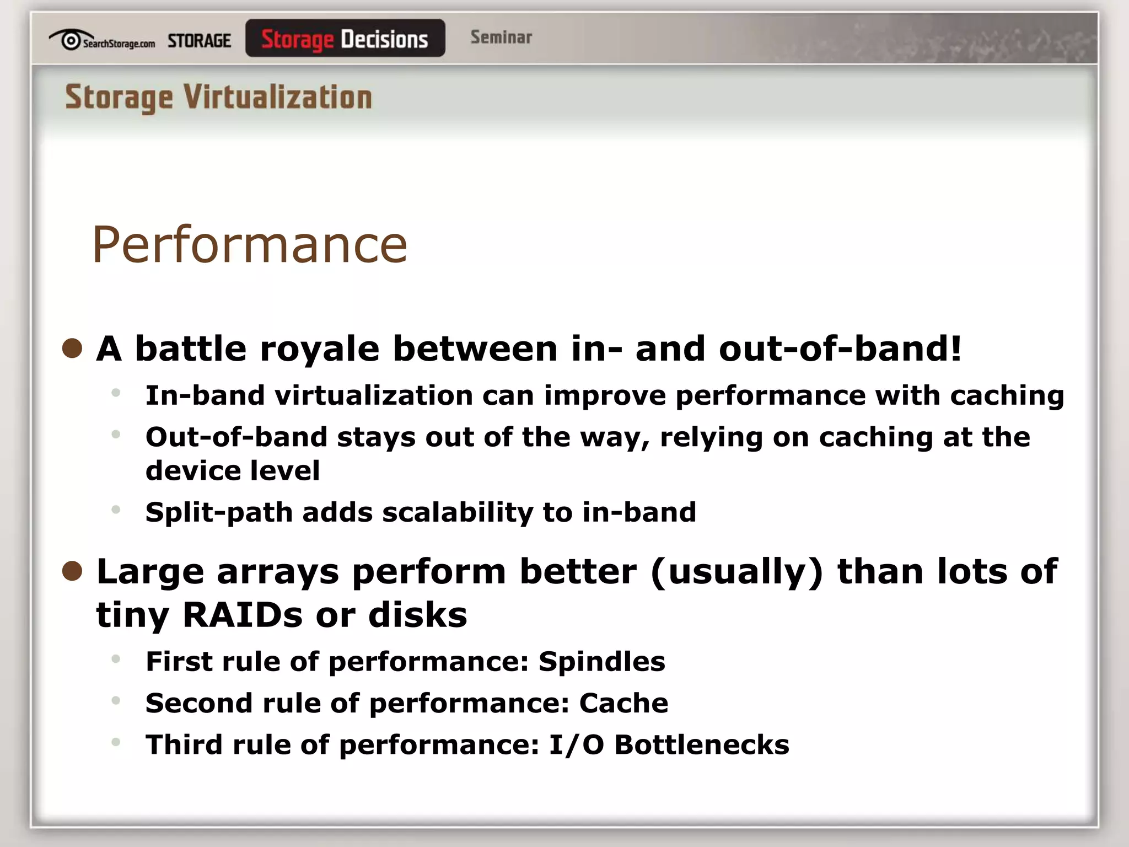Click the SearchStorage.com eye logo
point(70,40)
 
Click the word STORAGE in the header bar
point(199,41)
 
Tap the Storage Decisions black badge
point(345,39)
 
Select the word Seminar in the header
point(501,37)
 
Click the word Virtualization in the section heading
point(277,98)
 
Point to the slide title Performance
point(249,245)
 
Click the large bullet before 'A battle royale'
point(72,349)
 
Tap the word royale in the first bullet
point(319,349)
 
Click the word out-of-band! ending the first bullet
point(840,349)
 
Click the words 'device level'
point(232,471)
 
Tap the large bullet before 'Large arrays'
point(72,571)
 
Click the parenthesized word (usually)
point(736,572)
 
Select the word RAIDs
point(243,615)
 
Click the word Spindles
point(601,662)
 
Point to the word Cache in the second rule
point(623,703)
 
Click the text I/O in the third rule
point(576,745)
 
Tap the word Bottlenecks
point(701,745)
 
